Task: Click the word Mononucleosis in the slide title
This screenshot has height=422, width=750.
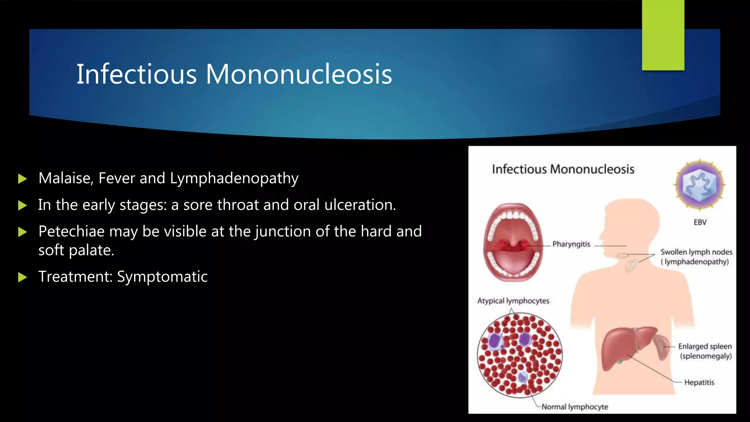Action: (x=298, y=74)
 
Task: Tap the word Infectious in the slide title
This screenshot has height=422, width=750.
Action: (x=136, y=74)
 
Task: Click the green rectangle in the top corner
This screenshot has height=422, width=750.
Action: (x=663, y=35)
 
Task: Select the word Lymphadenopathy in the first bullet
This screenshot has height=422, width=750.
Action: (x=234, y=178)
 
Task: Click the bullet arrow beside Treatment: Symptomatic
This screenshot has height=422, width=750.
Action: (x=22, y=277)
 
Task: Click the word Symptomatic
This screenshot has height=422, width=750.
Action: (x=162, y=277)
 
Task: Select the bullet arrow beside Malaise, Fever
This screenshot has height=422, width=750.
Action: (x=22, y=179)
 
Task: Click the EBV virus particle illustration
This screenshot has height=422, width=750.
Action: (x=699, y=185)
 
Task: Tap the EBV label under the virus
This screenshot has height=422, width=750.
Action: (x=700, y=222)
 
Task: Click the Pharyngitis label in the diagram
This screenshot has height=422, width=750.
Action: (x=571, y=244)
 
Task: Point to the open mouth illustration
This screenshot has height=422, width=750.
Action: (x=513, y=242)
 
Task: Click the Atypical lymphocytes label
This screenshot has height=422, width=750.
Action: (x=513, y=301)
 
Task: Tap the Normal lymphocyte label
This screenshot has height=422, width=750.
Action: (x=575, y=407)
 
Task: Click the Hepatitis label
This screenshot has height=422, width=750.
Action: (x=699, y=382)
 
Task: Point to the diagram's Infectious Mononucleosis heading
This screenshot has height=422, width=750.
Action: (x=563, y=169)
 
